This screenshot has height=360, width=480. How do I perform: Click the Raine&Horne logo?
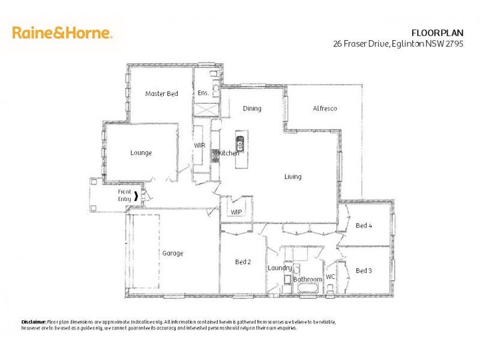[62, 32]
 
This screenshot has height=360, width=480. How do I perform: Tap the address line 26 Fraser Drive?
[398, 44]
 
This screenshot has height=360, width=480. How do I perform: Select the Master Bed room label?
[161, 94]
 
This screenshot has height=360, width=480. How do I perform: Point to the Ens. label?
[203, 94]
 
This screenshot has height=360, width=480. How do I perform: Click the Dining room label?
[252, 109]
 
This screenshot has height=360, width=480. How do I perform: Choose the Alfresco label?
[325, 109]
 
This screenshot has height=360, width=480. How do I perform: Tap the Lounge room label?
[141, 153]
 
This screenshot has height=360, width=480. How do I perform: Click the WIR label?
[200, 145]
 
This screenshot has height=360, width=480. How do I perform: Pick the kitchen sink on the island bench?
[240, 144]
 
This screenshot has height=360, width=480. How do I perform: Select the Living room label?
[293, 177]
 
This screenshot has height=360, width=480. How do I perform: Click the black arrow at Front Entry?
[136, 196]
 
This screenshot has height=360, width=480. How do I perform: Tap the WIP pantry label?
[236, 212]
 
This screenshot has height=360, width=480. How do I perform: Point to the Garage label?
[172, 253]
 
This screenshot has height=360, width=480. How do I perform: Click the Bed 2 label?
[242, 262]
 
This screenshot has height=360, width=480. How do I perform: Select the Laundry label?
[280, 268]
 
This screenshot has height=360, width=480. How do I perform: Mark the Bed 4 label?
[364, 226]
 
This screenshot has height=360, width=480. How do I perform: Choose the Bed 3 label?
[364, 271]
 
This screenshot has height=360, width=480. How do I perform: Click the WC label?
[330, 277]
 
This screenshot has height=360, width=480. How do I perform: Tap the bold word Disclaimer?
[34, 322]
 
